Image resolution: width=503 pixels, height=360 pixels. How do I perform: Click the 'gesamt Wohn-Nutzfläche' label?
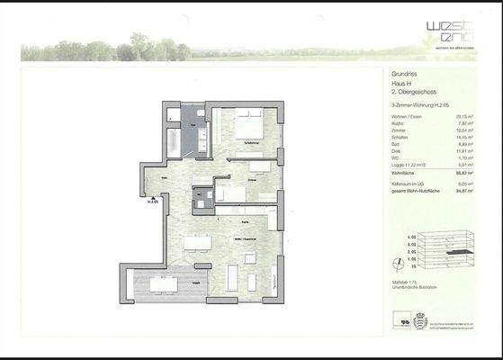414,190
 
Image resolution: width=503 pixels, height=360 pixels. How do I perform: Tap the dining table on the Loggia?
165,285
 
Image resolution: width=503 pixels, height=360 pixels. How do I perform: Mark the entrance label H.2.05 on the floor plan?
153,202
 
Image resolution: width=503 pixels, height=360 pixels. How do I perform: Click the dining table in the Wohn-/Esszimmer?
197,240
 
